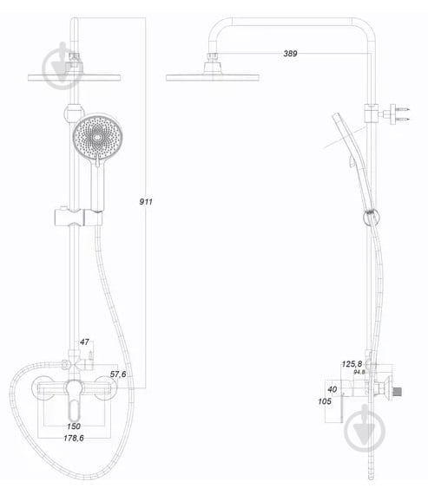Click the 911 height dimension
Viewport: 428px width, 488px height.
coord(146,201)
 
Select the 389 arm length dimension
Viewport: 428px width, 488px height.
coord(290,54)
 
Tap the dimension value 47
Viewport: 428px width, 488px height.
coord(84,343)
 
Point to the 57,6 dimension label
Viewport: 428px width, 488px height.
coord(119,374)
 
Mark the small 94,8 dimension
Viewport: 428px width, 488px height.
coord(359,372)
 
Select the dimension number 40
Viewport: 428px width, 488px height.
coord(332,389)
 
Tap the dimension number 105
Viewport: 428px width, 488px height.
coord(324,401)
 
